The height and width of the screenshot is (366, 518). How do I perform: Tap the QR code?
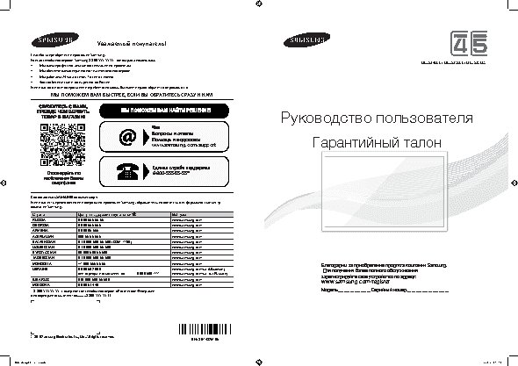coord(58,139)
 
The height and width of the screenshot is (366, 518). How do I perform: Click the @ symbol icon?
coord(128,138)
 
